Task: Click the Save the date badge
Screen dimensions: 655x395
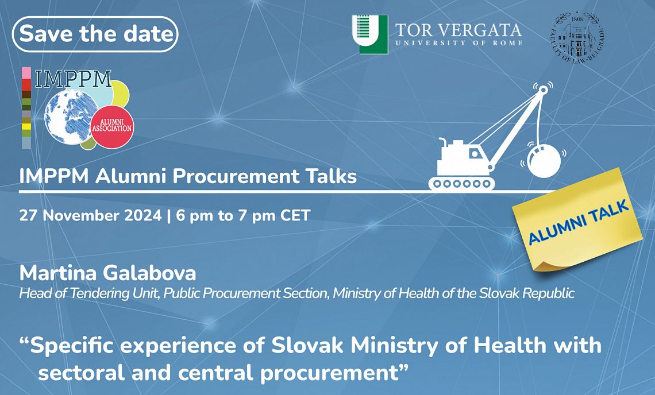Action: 95,34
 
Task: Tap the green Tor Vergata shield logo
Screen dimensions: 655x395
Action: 370,34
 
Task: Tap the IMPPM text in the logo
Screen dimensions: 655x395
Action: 74,79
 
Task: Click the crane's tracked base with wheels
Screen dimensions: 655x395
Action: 461,183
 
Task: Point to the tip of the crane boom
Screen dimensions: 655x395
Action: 542,89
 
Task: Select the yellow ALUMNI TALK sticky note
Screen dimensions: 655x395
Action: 577,219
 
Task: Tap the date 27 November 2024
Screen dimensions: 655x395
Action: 90,215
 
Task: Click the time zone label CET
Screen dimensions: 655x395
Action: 295,215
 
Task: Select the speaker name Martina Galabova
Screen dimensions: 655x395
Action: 107,273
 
